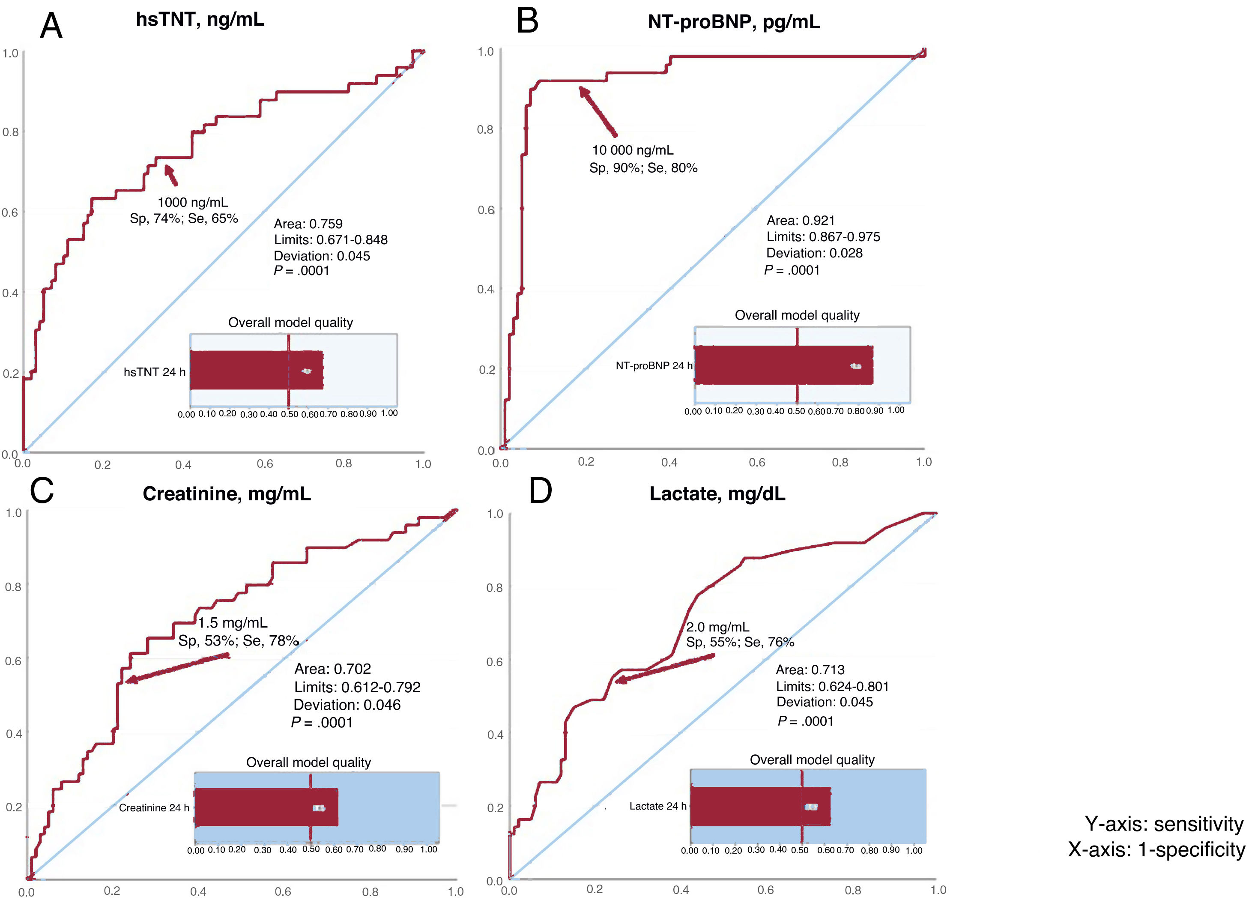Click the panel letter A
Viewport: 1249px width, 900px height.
51,26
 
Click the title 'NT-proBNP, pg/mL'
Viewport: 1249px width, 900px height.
734,22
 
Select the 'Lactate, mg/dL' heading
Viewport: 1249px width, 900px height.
717,493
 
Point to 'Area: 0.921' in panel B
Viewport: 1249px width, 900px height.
800,220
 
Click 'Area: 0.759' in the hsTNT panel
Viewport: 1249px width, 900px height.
308,224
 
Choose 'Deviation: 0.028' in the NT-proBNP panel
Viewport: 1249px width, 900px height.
814,253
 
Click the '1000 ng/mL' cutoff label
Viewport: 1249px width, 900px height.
193,202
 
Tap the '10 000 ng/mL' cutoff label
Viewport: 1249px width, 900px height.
632,150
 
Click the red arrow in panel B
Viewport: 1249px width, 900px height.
598,111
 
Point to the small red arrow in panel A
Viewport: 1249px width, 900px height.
171,175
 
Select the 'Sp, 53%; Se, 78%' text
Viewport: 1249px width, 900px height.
238,640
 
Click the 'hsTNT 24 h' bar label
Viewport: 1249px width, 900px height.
154,372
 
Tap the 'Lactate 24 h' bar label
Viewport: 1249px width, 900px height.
657,806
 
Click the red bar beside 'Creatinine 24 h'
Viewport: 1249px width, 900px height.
266,807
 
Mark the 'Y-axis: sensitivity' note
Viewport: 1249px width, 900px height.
1164,824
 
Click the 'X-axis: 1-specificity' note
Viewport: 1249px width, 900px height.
1156,849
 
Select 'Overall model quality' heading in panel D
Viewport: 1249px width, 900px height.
812,759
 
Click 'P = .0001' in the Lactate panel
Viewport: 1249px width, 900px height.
805,721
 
